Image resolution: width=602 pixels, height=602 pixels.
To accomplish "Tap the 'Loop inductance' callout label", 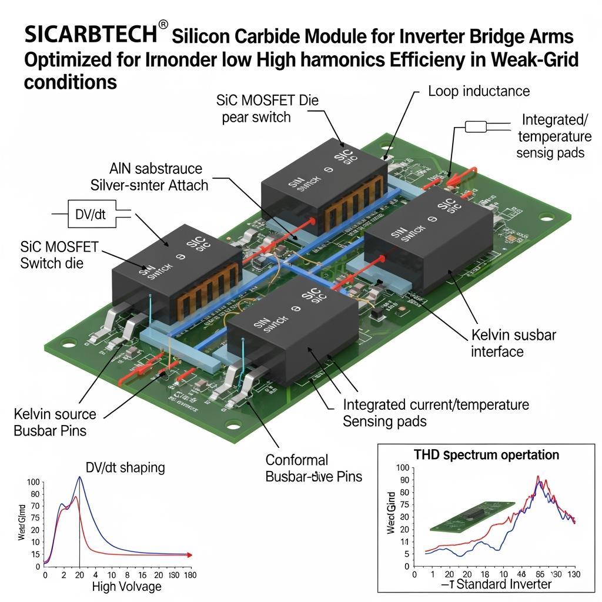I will (479, 91).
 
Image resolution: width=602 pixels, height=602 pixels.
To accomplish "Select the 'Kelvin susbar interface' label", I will (513, 343).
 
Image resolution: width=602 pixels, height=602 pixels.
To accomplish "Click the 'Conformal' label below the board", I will (297, 460).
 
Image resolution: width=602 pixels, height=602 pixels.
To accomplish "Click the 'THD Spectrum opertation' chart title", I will (486, 454).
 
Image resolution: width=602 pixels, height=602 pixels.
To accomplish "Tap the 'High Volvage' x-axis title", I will (126, 586).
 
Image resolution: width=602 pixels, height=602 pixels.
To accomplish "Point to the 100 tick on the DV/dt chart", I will (33, 482).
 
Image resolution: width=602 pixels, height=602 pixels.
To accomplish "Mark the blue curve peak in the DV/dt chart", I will (79, 477).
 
